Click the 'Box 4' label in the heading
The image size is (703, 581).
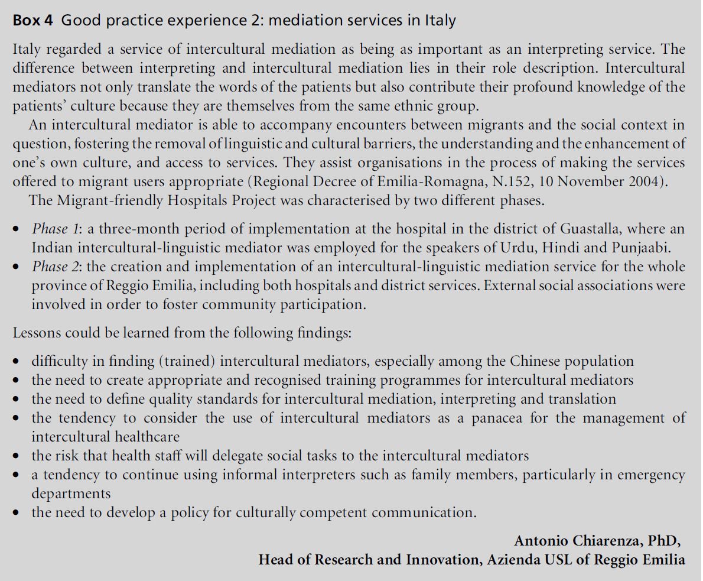click(34, 21)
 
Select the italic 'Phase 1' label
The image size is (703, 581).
click(50, 229)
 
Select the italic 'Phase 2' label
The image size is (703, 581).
click(51, 267)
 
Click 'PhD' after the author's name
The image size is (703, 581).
click(665, 541)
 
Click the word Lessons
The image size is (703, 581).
click(37, 333)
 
